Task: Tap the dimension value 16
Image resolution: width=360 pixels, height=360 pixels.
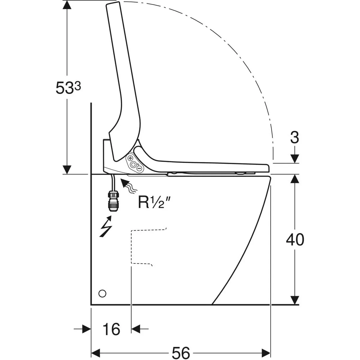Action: [111, 329]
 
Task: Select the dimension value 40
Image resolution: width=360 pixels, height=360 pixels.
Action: [295, 240]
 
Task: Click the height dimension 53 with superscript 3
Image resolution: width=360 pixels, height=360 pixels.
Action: [68, 87]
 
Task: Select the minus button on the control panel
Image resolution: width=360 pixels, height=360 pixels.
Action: [139, 168]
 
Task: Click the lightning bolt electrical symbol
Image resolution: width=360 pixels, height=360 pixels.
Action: [106, 226]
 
